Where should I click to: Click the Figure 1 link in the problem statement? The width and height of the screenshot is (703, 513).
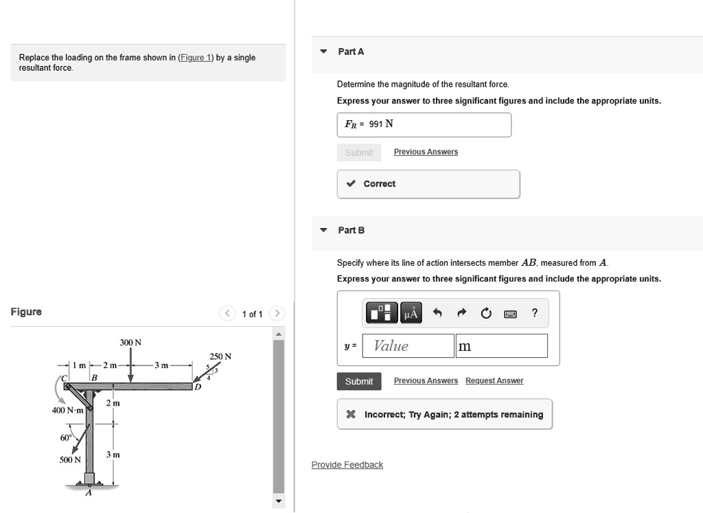point(196,58)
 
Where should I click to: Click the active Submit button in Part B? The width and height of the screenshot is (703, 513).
point(359,381)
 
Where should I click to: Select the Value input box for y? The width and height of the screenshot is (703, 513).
point(408,346)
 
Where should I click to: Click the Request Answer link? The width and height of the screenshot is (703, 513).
point(494,380)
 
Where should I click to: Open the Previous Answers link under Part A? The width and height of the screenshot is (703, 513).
point(426,152)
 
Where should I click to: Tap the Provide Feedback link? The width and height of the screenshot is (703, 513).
point(347,465)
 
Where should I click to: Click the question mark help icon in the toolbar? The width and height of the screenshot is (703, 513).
point(534,314)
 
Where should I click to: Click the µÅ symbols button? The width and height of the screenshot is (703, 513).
point(411,314)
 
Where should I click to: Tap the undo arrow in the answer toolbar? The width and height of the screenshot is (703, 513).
point(436,314)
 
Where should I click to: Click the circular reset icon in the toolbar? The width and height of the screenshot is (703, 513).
point(486,314)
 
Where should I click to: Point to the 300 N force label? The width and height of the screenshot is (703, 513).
point(130,342)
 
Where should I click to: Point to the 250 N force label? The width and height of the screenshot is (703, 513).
point(220,356)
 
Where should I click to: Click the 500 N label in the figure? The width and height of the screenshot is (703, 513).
point(69,459)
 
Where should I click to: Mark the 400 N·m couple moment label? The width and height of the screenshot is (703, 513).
point(68,410)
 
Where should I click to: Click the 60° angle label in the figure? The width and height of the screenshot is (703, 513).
point(65,437)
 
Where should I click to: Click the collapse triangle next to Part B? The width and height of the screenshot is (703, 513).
point(323,230)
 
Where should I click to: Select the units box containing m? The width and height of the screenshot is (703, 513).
point(501,346)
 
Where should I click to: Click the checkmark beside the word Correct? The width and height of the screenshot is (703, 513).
point(351,184)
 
